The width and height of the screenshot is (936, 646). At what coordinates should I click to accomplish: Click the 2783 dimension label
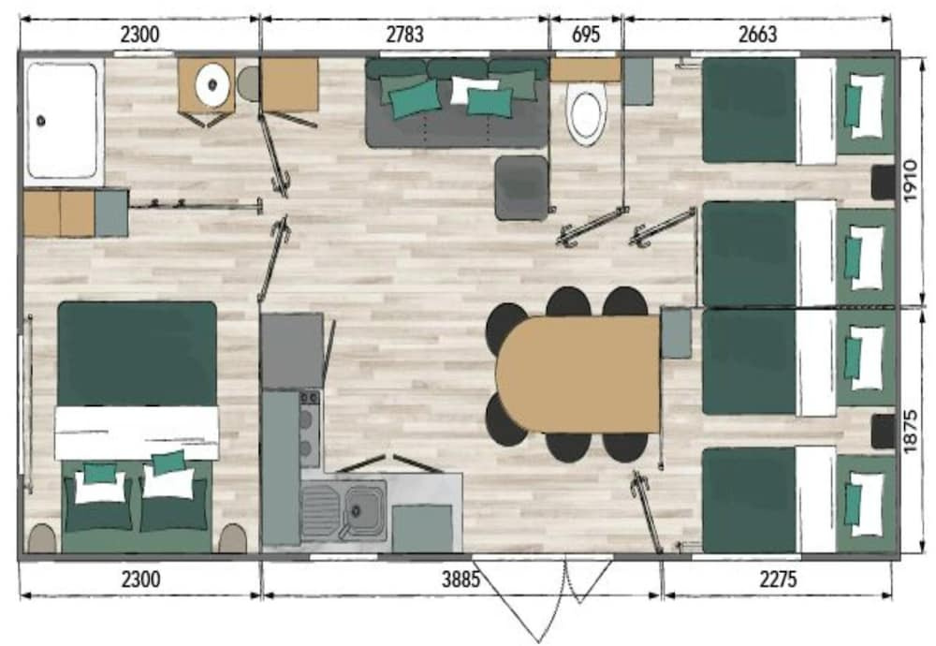pyautogui.click(x=404, y=35)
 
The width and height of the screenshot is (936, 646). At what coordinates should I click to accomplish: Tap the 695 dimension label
pyautogui.click(x=586, y=35)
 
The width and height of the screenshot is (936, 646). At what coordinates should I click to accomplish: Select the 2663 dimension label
pyautogui.click(x=757, y=35)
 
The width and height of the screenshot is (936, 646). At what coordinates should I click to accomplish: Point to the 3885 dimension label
pyautogui.click(x=461, y=580)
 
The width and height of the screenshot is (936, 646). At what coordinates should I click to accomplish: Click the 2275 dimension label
pyautogui.click(x=778, y=580)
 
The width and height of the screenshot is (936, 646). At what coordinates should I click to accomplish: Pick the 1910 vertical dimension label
pyautogui.click(x=910, y=181)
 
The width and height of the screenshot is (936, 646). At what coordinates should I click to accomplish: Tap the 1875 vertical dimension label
pyautogui.click(x=910, y=431)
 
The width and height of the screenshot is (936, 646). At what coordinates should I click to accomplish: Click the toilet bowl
pyautogui.click(x=586, y=113)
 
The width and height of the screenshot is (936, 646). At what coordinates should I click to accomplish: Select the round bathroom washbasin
pyautogui.click(x=212, y=84)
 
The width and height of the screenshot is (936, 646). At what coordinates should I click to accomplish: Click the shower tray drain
pyautogui.click(x=40, y=121)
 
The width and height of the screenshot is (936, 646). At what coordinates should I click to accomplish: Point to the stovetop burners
pyautogui.click(x=309, y=428)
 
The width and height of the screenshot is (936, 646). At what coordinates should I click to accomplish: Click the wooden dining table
pyautogui.click(x=578, y=374)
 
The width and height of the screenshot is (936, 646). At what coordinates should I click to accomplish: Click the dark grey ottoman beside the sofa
pyautogui.click(x=521, y=187)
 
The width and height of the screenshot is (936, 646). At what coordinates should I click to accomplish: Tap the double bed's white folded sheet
pyautogui.click(x=137, y=433)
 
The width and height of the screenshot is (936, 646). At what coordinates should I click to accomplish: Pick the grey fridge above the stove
pyautogui.click(x=292, y=351)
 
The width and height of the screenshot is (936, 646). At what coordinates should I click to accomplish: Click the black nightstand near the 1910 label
pyautogui.click(x=883, y=183)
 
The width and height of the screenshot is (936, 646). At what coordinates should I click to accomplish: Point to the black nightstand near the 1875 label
pyautogui.click(x=883, y=431)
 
